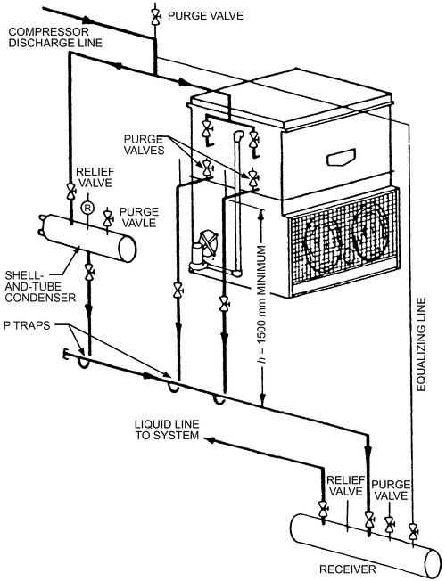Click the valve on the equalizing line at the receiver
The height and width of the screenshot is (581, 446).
coord(412,532)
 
